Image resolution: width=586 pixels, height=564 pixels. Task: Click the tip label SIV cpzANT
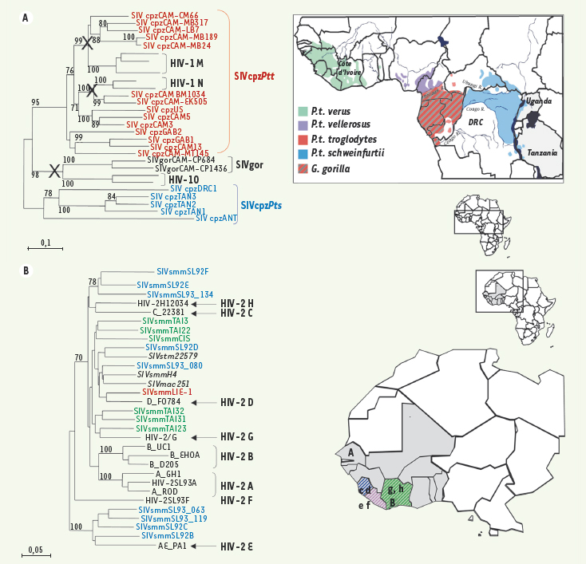pos(216,218)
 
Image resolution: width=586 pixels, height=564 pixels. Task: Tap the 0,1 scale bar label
pos(46,242)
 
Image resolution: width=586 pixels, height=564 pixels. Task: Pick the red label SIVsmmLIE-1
pos(166,392)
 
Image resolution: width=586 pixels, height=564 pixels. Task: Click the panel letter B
pos(26,270)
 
